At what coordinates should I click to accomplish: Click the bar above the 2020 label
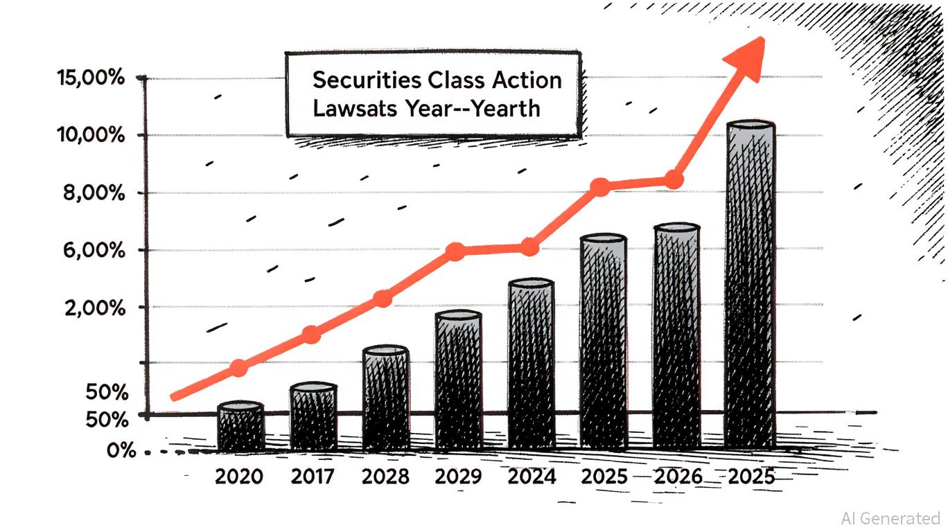[x=240, y=427]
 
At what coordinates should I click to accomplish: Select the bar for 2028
[x=386, y=398]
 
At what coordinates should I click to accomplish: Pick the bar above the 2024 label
[x=532, y=364]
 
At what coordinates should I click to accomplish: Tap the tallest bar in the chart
[x=750, y=284]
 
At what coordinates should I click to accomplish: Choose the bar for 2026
[x=676, y=336]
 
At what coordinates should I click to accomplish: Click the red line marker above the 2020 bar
[x=238, y=368]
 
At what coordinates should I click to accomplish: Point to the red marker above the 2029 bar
[x=455, y=251]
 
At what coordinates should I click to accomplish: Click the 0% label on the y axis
[x=121, y=451]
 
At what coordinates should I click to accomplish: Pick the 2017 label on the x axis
[x=313, y=477]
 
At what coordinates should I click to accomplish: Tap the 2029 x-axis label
[x=458, y=477]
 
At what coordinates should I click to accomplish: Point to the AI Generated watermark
[x=890, y=518]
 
